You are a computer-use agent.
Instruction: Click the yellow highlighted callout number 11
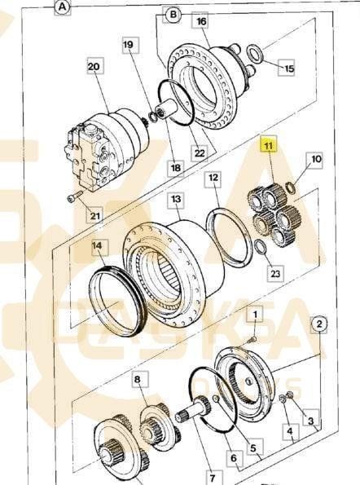point(269,145)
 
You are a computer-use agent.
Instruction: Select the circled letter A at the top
point(63,7)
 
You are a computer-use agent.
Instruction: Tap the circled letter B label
point(173,14)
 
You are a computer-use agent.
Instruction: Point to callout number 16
point(201,21)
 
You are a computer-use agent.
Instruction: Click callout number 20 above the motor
point(94,67)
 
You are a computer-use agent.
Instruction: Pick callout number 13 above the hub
point(176,199)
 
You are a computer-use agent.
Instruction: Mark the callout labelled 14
point(97,245)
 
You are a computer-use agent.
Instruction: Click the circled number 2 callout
point(319,324)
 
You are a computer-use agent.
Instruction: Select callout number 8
point(138,379)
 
